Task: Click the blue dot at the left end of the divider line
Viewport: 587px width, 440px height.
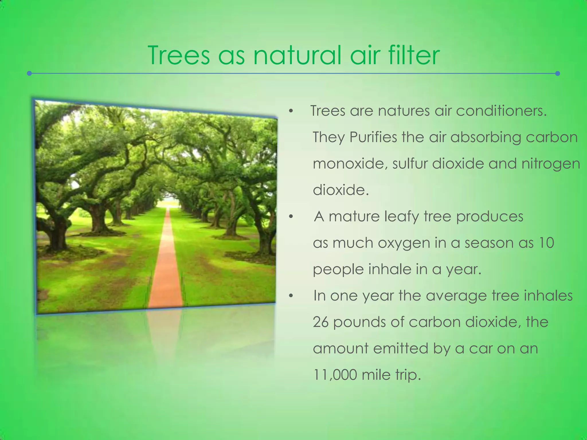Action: point(29,74)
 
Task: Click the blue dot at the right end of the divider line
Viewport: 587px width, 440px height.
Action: point(557,74)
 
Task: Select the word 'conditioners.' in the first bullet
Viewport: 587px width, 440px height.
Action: point(501,111)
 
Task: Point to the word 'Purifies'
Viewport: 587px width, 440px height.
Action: point(373,137)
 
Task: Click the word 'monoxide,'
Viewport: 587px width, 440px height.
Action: point(350,164)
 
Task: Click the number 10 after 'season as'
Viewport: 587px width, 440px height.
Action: point(546,243)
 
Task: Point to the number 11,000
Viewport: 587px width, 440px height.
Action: point(335,375)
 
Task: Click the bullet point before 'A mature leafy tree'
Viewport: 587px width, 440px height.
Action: point(291,217)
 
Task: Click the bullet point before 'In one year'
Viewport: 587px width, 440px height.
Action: point(291,296)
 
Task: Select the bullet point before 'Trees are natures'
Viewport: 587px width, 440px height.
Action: point(291,111)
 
